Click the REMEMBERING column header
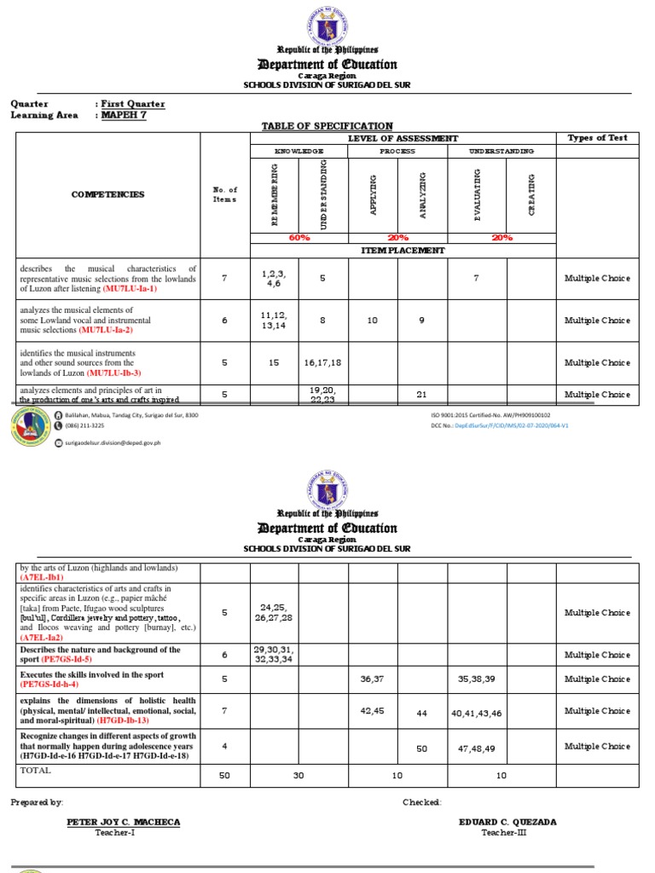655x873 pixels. [x=275, y=194]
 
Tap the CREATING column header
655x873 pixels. [x=532, y=194]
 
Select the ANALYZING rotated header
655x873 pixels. [x=423, y=194]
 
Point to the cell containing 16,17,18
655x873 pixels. [x=325, y=362]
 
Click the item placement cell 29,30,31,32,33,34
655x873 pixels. [x=275, y=655]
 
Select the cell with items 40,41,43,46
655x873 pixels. [x=478, y=711]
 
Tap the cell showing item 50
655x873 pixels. [x=421, y=748]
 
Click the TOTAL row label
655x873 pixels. [x=35, y=770]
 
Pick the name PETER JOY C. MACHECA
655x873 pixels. [x=123, y=822]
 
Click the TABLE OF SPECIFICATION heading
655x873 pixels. [x=327, y=126]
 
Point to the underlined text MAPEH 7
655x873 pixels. [x=124, y=115]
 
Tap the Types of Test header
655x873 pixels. [x=597, y=138]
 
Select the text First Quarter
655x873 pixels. [x=133, y=104]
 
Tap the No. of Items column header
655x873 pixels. [x=226, y=194]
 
